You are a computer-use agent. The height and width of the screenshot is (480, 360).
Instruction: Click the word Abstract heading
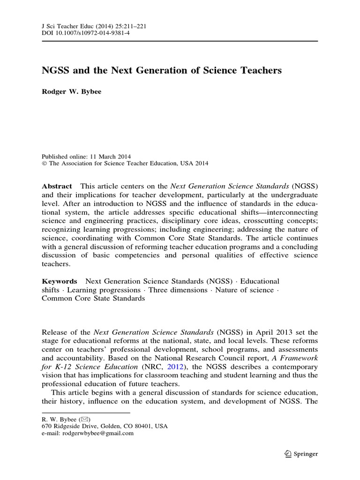click(x=57, y=186)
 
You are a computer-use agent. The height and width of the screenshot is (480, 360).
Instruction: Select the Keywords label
click(x=59, y=281)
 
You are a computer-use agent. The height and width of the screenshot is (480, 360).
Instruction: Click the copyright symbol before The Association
click(x=45, y=164)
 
